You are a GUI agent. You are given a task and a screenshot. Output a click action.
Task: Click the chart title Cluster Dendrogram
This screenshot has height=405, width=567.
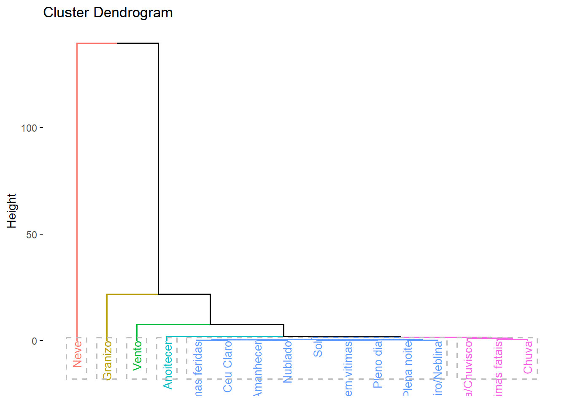[108, 13]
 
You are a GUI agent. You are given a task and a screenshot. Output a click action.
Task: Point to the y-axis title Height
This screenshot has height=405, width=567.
[11, 211]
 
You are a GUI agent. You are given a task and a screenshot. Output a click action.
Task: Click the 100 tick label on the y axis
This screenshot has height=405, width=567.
[29, 128]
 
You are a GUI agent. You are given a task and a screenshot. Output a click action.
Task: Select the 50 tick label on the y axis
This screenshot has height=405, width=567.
[32, 235]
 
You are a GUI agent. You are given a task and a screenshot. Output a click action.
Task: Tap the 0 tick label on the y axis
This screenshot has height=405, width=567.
[34, 341]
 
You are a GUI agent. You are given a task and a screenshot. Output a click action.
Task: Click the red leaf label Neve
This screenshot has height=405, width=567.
[77, 354]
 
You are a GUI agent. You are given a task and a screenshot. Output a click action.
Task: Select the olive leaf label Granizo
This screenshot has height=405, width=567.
[108, 360]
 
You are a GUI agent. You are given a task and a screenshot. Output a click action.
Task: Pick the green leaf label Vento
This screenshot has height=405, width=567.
[138, 356]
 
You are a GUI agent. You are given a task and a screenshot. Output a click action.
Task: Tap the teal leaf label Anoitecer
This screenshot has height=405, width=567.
[168, 365]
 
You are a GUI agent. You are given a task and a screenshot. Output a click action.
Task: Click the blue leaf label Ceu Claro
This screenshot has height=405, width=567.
[228, 366]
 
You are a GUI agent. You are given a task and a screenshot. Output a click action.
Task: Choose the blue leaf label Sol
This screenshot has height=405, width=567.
[318, 349]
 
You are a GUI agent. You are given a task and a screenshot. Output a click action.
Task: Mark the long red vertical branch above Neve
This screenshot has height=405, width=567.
[77, 190]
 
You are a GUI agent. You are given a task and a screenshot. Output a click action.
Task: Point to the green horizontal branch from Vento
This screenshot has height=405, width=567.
[173, 324]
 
